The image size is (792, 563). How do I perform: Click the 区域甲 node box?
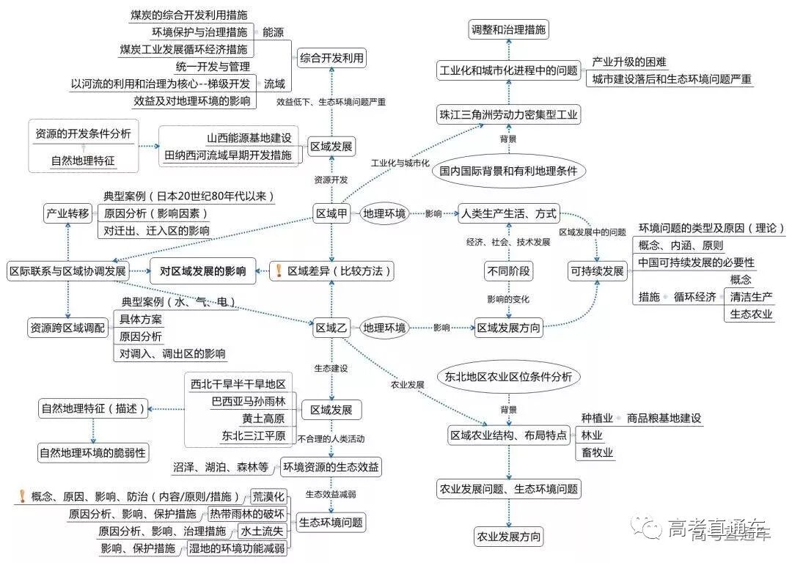331,214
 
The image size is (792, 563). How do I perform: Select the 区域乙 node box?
331,328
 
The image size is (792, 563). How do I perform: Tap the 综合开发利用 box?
331,58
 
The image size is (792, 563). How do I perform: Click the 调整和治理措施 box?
508,30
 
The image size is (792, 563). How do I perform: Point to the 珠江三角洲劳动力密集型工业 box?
508,114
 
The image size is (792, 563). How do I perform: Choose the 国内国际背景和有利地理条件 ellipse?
508,172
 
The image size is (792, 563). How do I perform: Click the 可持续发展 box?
597,271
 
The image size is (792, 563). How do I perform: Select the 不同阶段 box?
508,271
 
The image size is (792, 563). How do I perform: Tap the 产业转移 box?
67,214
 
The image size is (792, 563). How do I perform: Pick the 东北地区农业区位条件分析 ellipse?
508,377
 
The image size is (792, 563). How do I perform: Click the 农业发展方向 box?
509,537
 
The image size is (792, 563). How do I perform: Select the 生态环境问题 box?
331,523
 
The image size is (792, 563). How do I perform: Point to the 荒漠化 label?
268,496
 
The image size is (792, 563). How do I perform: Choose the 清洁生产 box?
751,297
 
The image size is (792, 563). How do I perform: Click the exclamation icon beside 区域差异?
278,271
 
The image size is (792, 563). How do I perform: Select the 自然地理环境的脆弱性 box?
93,452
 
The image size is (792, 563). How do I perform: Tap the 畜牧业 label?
597,452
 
